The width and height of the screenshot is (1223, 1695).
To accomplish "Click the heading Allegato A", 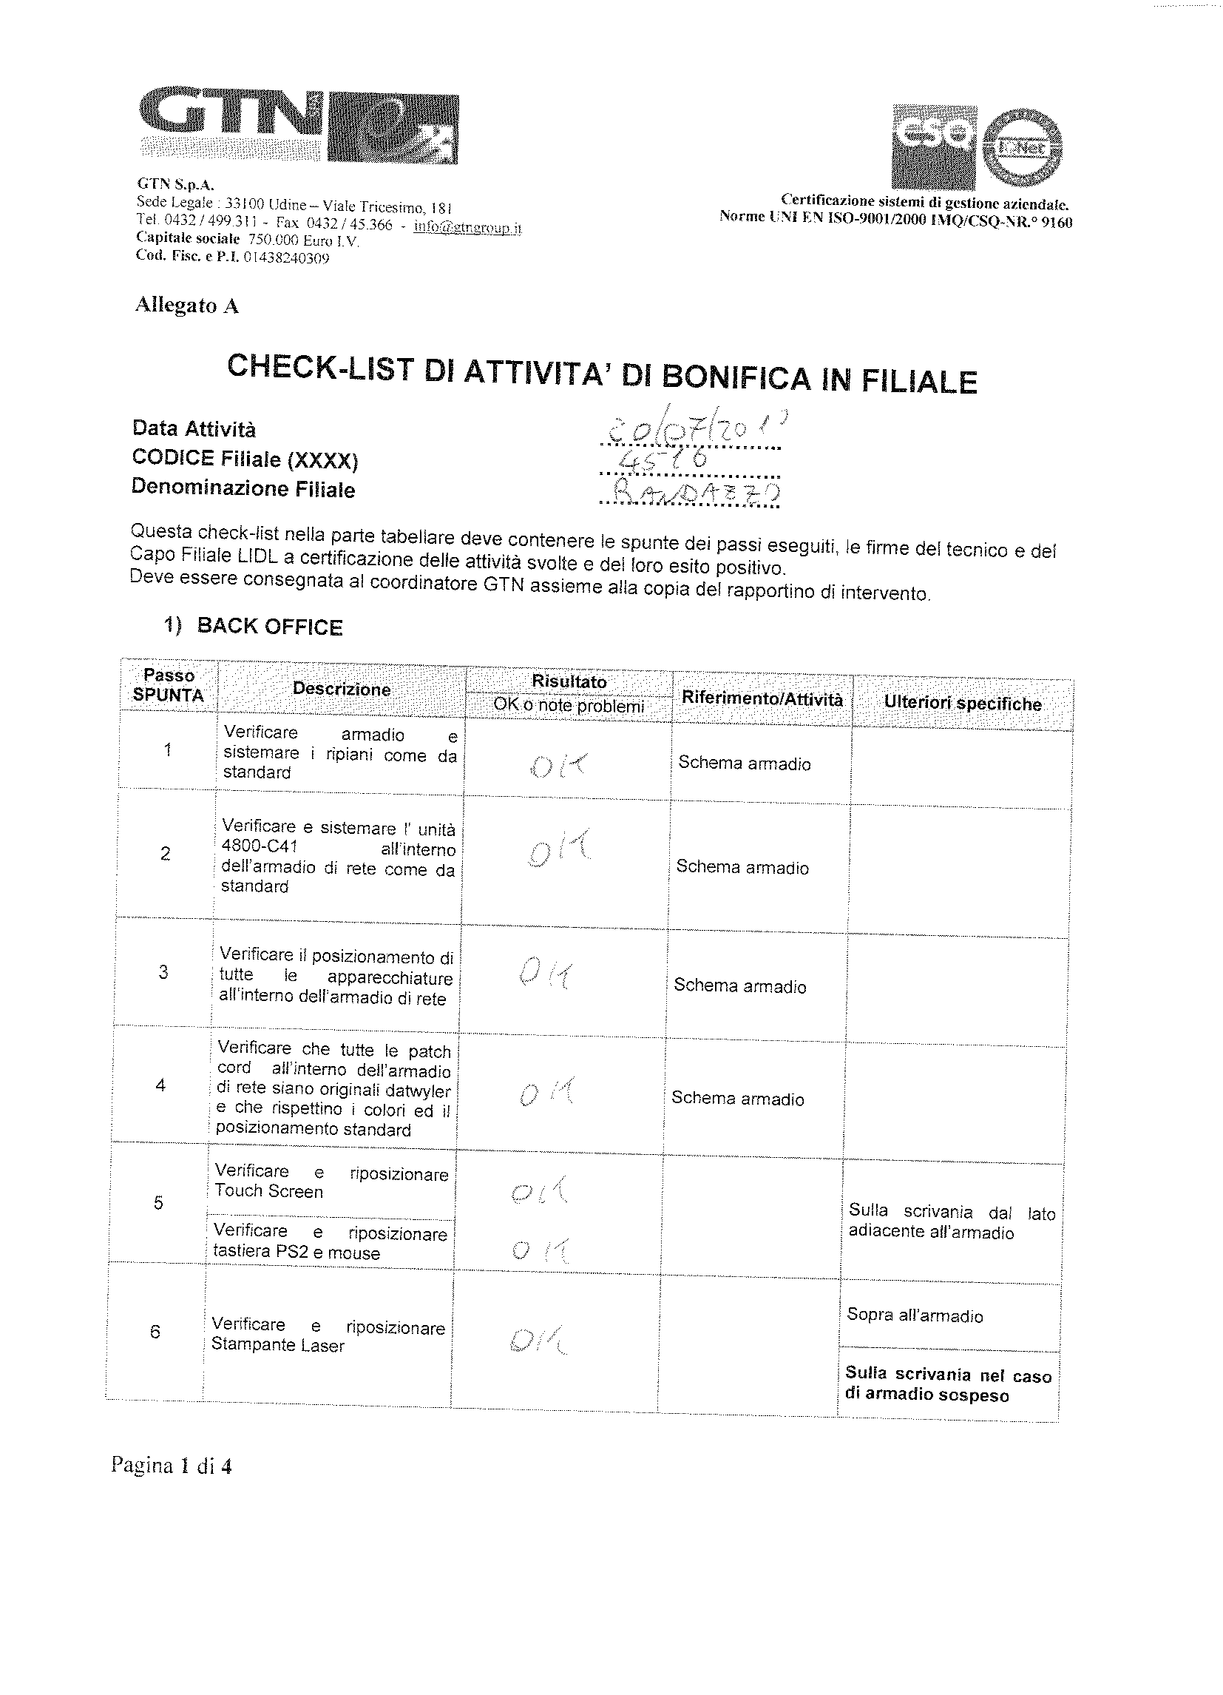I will click(x=187, y=306).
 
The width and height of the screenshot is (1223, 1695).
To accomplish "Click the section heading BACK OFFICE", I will click(x=269, y=626).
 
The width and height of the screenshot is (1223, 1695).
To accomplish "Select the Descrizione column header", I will click(x=342, y=689).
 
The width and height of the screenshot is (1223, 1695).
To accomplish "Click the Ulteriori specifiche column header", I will click(x=962, y=704).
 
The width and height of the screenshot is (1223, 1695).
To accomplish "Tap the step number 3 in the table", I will click(x=163, y=972).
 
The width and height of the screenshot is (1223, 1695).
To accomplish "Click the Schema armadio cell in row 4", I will click(x=737, y=1099).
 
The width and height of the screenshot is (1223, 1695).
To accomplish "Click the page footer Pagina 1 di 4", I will click(x=171, y=1466).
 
